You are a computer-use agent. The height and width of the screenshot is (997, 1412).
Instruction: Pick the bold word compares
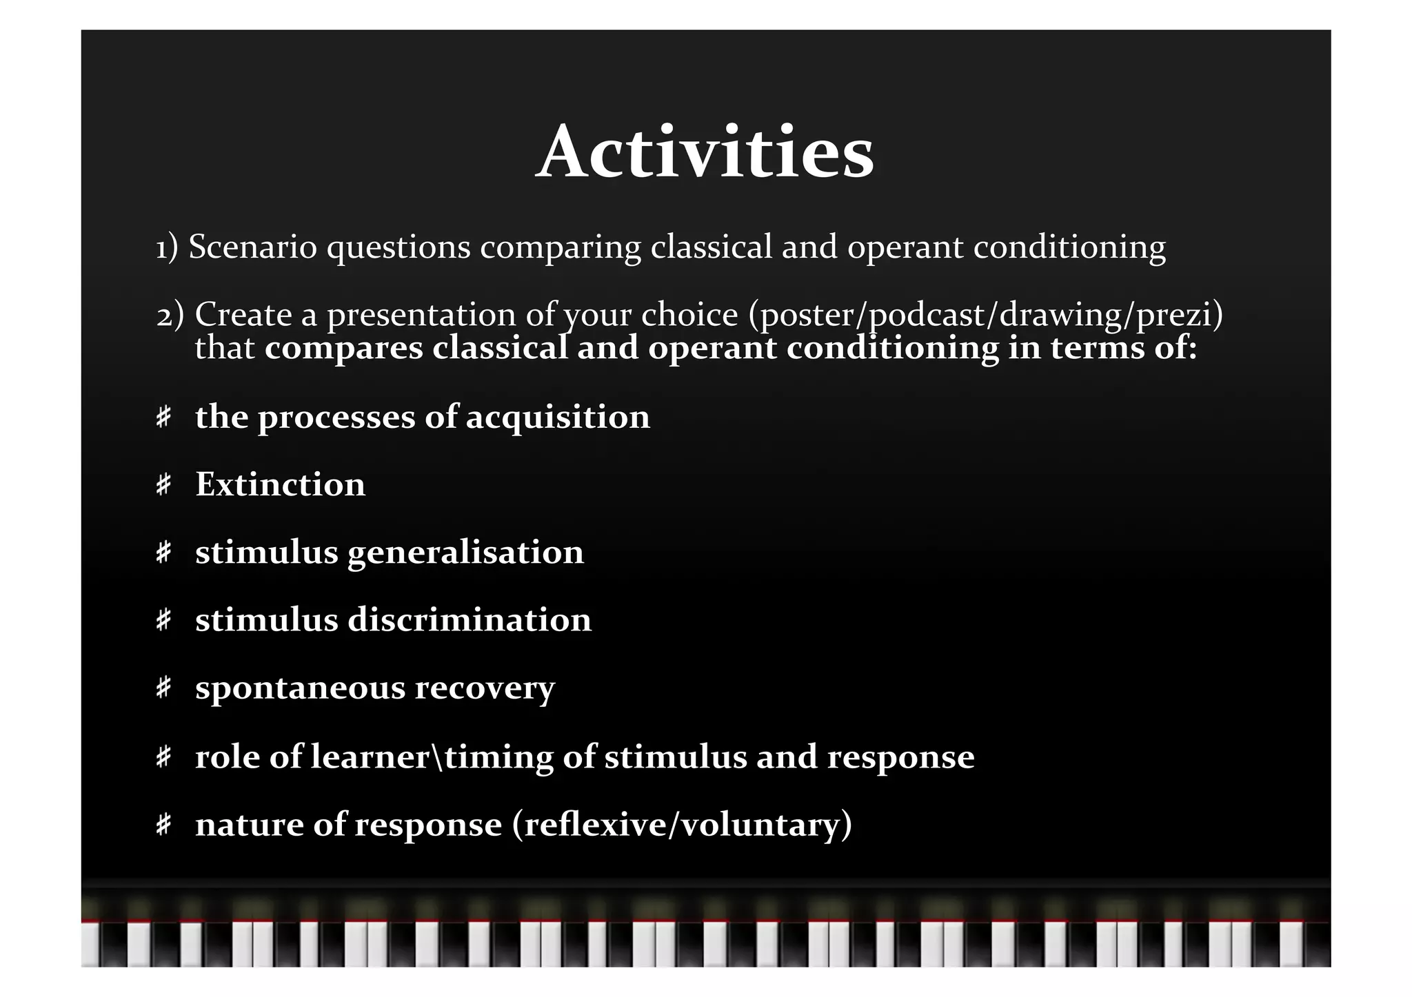pyautogui.click(x=343, y=349)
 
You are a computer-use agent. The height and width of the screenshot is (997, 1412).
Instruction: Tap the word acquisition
pyautogui.click(x=558, y=418)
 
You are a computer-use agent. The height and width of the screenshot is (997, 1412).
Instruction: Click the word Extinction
pyautogui.click(x=280, y=484)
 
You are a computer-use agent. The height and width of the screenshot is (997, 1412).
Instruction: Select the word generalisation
pyautogui.click(x=465, y=553)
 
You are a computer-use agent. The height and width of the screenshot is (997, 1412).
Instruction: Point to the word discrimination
pyautogui.click(x=469, y=620)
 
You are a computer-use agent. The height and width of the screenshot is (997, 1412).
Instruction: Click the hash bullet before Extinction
pyautogui.click(x=163, y=484)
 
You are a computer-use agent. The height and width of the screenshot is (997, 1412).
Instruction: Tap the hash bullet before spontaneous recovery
pyautogui.click(x=163, y=688)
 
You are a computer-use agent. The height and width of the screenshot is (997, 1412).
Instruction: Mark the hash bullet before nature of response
pyautogui.click(x=163, y=824)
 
